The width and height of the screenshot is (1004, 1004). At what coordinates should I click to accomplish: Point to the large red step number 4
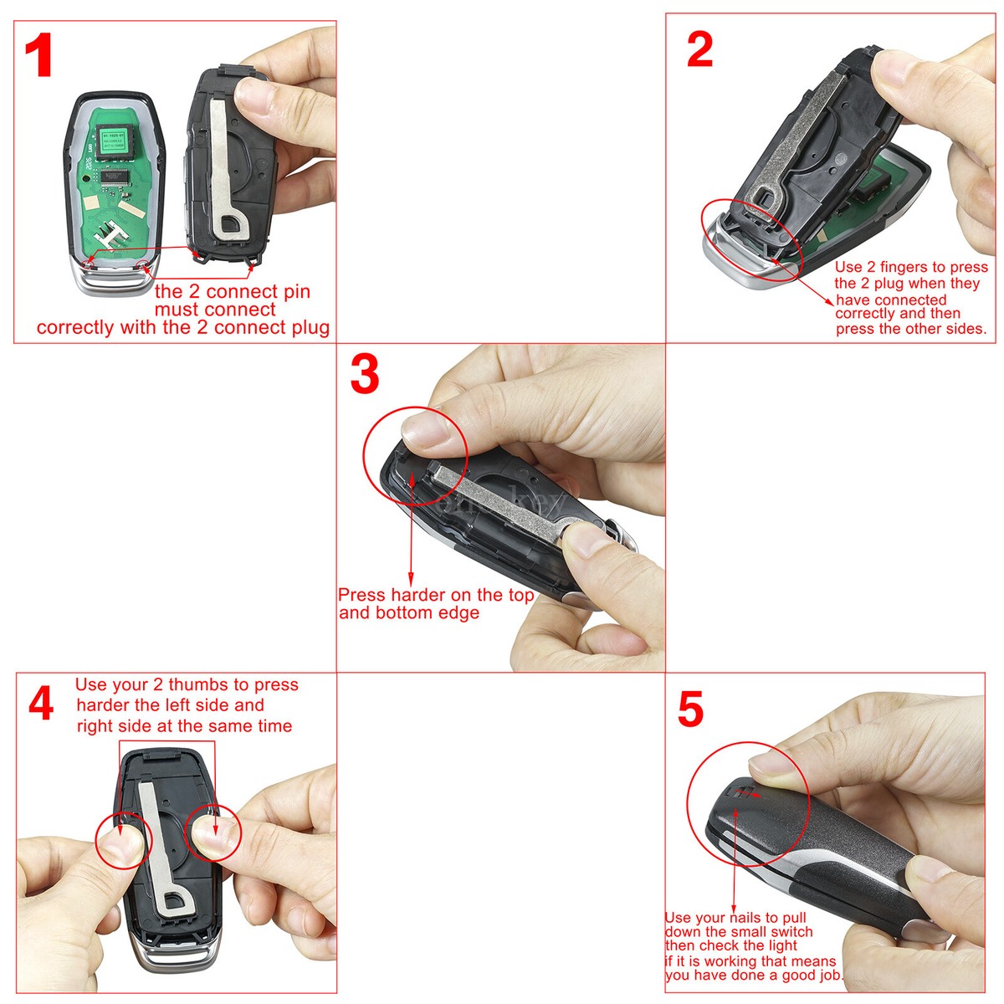pos(41,704)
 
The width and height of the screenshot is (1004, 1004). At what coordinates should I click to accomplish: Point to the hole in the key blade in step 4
pos(175,901)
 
